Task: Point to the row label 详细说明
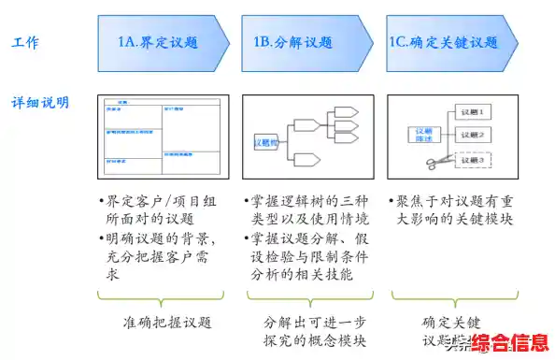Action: [x=40, y=101]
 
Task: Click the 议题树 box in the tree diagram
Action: [x=267, y=143]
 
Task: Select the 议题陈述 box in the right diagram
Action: [x=422, y=136]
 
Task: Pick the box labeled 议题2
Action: [x=474, y=136]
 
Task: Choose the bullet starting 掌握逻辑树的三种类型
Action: [x=308, y=209]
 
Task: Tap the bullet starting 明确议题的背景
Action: [x=159, y=257]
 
